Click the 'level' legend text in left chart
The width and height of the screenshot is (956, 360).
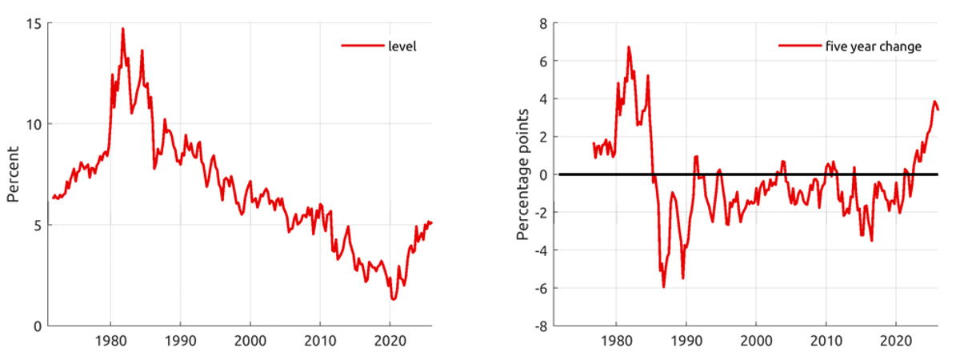click(x=402, y=46)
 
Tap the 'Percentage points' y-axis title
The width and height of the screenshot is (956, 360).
click(x=522, y=174)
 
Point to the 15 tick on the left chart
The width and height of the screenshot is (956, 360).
click(x=34, y=22)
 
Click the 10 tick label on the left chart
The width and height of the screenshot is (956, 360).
click(x=34, y=124)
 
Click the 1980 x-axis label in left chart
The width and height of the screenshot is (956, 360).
click(x=110, y=341)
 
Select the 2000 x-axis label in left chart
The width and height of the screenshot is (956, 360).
click(x=250, y=341)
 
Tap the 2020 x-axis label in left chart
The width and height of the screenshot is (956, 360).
click(x=389, y=341)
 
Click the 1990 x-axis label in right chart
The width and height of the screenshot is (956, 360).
click(x=686, y=341)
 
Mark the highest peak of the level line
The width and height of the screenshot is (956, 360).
click(x=122, y=29)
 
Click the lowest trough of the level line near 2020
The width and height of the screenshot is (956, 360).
click(x=394, y=298)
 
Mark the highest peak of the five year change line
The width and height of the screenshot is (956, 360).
click(x=629, y=46)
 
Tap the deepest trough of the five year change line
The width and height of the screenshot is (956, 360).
click(x=664, y=286)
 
